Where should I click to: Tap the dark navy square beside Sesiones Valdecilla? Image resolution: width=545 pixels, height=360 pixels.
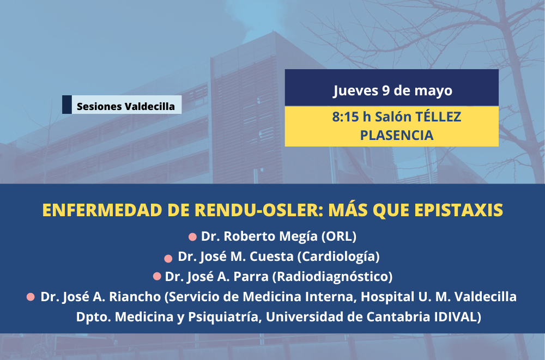click(x=67, y=105)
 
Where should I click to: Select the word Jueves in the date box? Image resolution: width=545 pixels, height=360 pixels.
click(x=355, y=91)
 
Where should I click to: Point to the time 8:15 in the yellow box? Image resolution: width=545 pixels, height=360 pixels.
click(x=345, y=117)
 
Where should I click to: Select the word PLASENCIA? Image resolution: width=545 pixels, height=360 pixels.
click(x=397, y=135)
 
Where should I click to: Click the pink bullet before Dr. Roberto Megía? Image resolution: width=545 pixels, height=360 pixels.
click(x=192, y=237)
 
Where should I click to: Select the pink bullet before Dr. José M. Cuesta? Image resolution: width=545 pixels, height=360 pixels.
click(x=168, y=259)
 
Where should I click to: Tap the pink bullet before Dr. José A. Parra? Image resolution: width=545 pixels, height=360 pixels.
click(x=157, y=276)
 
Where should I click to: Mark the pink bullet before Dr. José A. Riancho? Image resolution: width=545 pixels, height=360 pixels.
click(x=31, y=297)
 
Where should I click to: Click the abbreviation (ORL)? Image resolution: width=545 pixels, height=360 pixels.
click(x=339, y=236)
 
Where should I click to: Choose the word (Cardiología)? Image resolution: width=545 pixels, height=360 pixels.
click(x=338, y=257)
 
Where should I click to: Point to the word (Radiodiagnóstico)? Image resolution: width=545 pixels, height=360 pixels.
click(x=332, y=277)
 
